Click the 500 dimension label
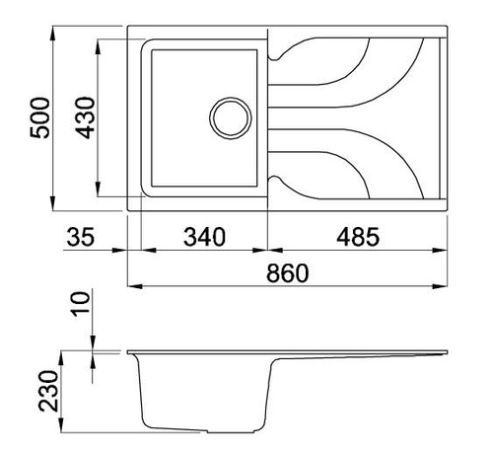(x=39, y=117)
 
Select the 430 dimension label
(x=85, y=117)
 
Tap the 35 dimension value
(x=81, y=237)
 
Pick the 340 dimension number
(x=204, y=237)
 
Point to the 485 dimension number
(x=358, y=237)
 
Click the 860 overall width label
(x=288, y=272)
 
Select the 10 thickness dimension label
(x=81, y=304)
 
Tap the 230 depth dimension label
(x=48, y=391)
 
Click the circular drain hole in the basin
(x=231, y=118)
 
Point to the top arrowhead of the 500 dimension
(x=53, y=33)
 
